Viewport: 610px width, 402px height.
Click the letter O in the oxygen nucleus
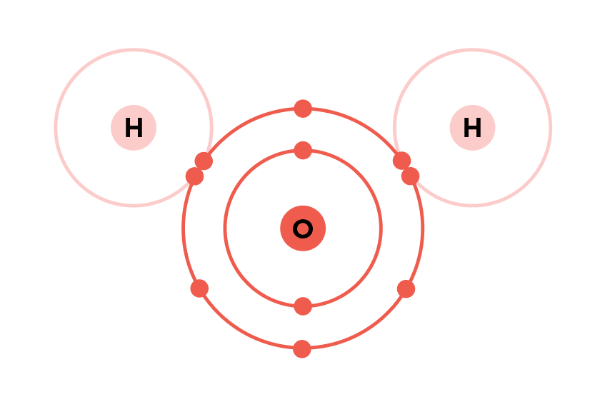[x=303, y=228]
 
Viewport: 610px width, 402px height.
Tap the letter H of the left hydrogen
[x=134, y=128]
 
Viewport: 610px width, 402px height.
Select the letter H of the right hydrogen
[x=472, y=128]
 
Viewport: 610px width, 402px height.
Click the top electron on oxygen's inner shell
[x=303, y=150]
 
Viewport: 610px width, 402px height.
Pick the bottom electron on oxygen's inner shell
[x=303, y=306]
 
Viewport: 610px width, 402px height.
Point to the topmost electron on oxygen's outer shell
[x=303, y=109]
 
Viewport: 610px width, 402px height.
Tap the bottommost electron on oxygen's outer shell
[x=302, y=348]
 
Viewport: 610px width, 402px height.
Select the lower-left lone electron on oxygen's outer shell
[x=199, y=288]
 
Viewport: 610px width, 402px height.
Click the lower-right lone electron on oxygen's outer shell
[x=406, y=289]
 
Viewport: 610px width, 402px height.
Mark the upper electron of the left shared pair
[x=204, y=161]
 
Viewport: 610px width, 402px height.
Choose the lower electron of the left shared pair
[x=194, y=176]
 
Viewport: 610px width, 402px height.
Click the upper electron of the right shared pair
[x=402, y=161]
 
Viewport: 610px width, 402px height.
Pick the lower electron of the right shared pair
[x=411, y=176]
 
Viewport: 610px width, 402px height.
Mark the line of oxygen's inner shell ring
[x=225, y=228]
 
